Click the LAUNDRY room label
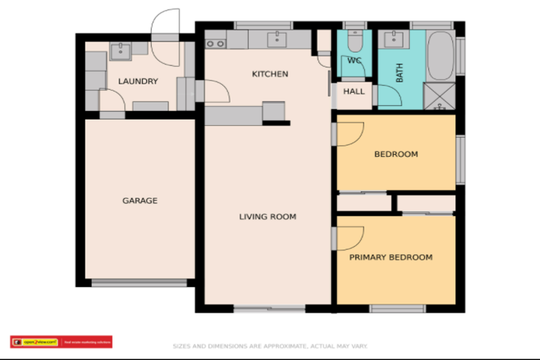(138, 82)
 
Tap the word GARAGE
(140, 201)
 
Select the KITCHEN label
(270, 74)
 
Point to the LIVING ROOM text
(267, 217)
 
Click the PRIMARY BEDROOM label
(391, 257)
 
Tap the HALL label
(354, 91)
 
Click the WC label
(354, 60)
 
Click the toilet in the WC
(355, 42)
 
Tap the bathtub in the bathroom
(440, 56)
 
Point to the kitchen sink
(279, 38)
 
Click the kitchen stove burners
(216, 43)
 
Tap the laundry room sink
(121, 49)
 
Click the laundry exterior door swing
(166, 22)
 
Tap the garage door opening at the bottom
(139, 283)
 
